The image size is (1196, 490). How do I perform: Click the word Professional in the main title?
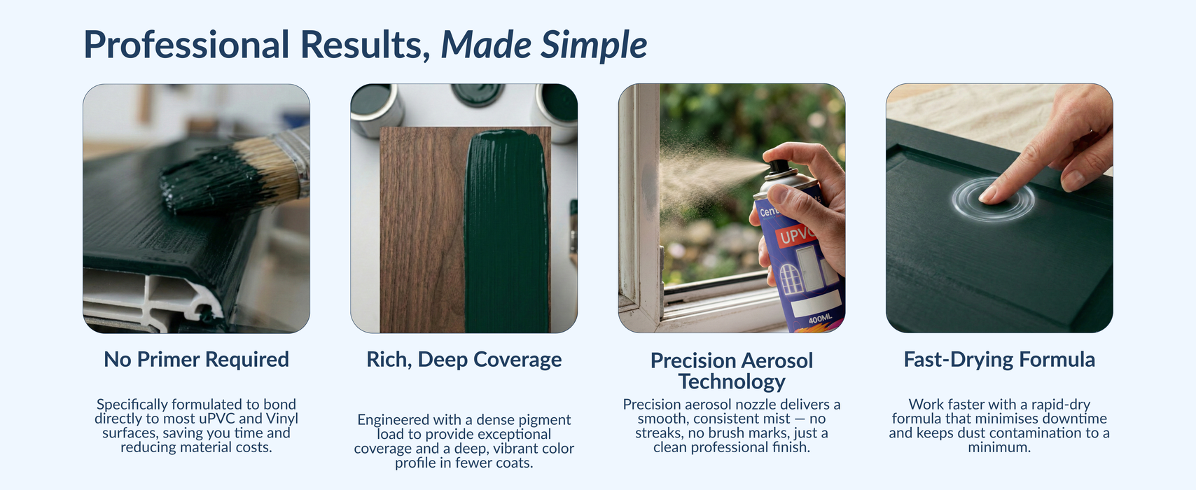coord(186,45)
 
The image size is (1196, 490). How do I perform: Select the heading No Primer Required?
coord(197,359)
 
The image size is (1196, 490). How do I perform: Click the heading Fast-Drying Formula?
coord(999,360)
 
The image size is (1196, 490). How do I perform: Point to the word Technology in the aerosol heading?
coord(732,382)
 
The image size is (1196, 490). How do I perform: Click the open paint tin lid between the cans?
coord(478,93)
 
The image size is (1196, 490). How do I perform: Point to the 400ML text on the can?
coord(820,319)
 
